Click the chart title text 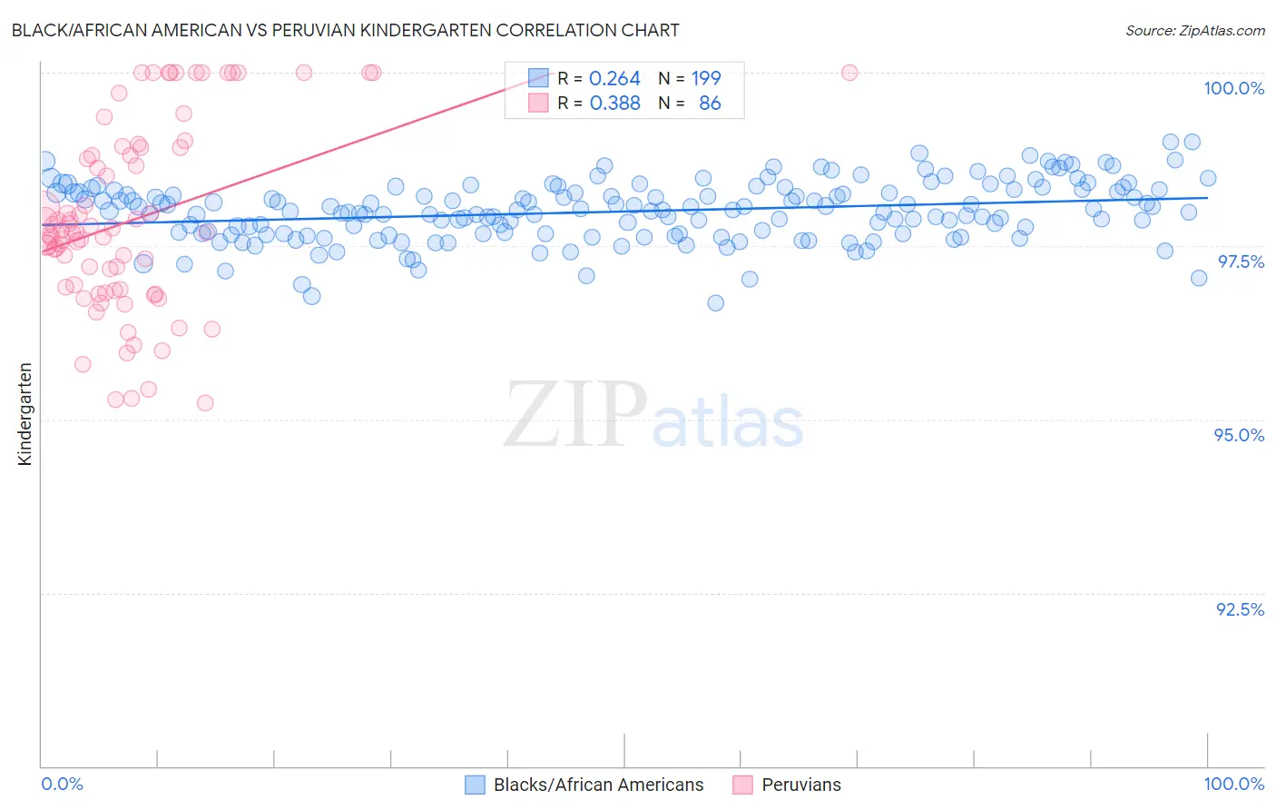tap(345, 30)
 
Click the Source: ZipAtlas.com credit tap(1194, 30)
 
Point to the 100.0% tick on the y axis tap(1233, 88)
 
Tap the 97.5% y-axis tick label tap(1241, 262)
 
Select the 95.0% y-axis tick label tap(1239, 435)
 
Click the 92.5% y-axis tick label tap(1240, 609)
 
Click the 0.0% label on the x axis tap(62, 784)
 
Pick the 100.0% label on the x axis tap(1233, 784)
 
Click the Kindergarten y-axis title tap(25, 414)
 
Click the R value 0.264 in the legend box tap(614, 79)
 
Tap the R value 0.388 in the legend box tap(614, 104)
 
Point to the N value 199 tap(706, 79)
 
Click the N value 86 tap(710, 104)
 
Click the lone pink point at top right tap(849, 73)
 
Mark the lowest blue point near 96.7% tap(715, 302)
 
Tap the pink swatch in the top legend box tap(538, 103)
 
